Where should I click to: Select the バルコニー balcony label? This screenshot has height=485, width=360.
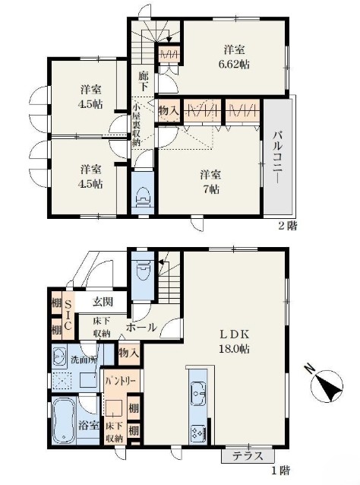point(278,155)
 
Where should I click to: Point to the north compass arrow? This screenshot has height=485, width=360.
point(328,385)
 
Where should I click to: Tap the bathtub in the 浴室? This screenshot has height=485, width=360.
point(64,420)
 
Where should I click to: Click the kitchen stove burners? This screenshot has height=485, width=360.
point(198,432)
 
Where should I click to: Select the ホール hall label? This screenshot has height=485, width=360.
point(142,328)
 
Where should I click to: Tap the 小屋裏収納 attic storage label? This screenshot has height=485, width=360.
point(136,126)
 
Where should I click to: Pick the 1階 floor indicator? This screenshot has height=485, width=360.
point(280,471)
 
